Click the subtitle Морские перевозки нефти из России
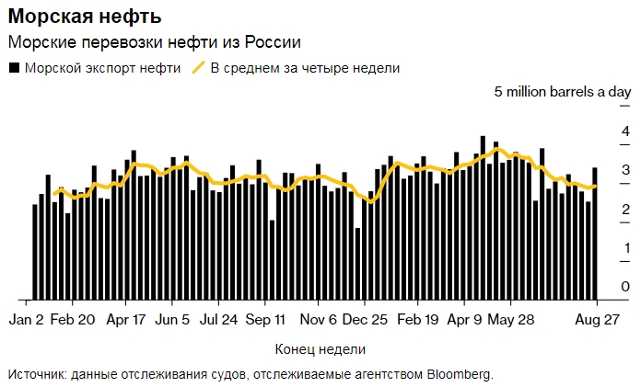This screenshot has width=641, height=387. (x=154, y=42)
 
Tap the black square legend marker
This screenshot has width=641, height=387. (x=13, y=68)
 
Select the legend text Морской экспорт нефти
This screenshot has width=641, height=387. (x=102, y=68)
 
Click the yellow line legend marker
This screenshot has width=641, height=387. (x=198, y=68)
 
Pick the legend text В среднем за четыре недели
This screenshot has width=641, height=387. (x=305, y=68)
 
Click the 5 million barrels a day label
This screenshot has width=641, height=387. (x=562, y=92)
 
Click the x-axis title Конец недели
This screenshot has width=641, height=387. (x=320, y=349)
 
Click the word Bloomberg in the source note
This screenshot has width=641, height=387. (x=458, y=374)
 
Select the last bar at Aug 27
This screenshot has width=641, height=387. (x=595, y=233)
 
